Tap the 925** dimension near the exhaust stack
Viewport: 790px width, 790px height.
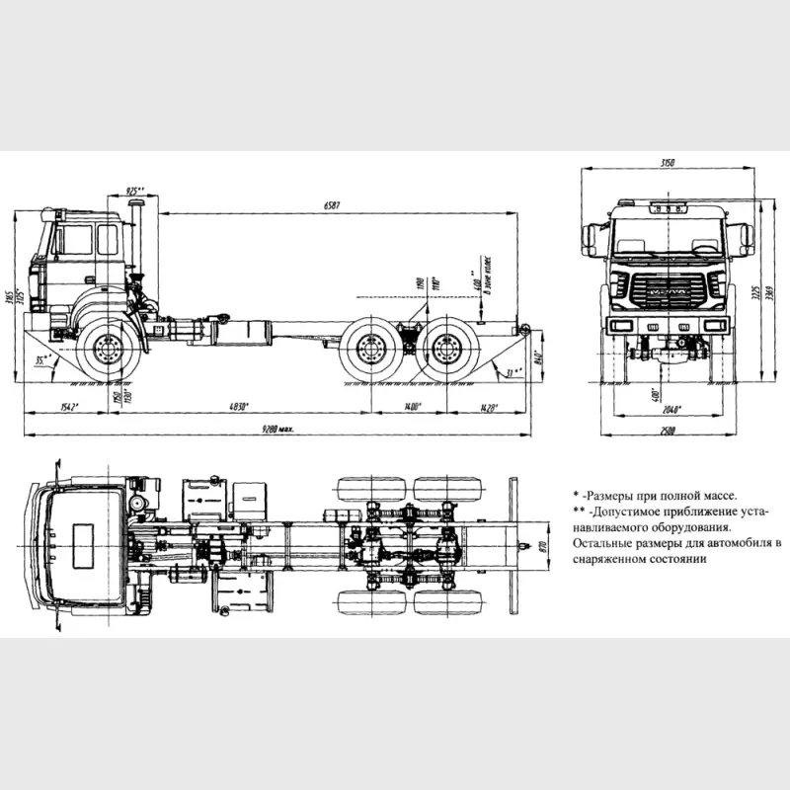coord(135,189)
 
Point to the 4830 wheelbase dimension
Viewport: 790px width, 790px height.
coord(234,406)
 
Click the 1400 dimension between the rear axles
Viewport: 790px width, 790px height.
coord(412,406)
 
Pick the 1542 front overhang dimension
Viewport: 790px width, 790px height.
coord(67,406)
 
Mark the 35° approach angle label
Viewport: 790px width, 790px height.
coord(40,361)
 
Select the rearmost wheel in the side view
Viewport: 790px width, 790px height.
coord(450,352)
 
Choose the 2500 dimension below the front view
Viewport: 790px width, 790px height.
coord(671,430)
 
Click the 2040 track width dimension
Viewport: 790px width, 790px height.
coord(670,407)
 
